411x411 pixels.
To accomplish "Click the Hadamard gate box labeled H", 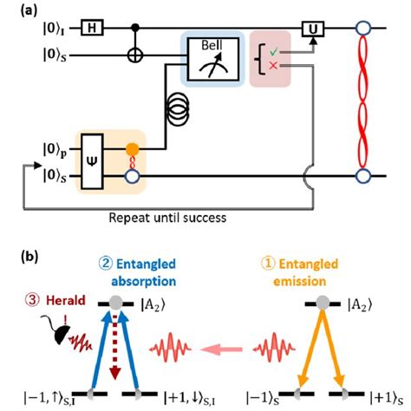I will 93,30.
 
